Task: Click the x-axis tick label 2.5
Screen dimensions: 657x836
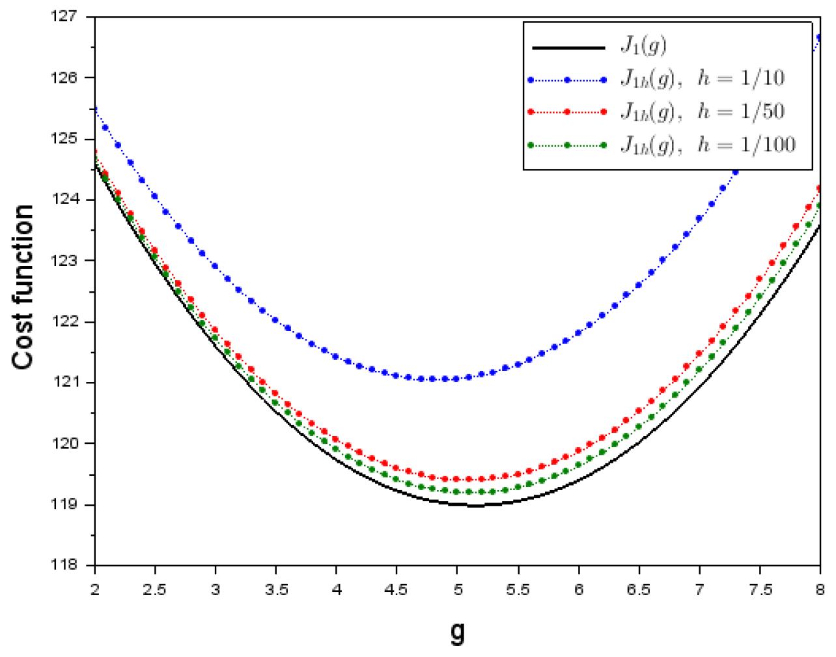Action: pos(155,590)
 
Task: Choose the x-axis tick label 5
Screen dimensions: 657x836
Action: pos(458,590)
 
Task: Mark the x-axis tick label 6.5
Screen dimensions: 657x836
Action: pos(639,590)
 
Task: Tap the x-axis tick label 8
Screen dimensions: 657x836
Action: pos(820,590)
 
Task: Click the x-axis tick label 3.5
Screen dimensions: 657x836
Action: pos(276,590)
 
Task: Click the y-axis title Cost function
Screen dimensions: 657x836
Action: pos(23,287)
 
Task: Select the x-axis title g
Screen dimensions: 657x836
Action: pos(458,631)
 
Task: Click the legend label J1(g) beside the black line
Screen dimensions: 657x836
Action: pos(643,46)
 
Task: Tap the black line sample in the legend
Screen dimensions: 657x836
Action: pos(568,48)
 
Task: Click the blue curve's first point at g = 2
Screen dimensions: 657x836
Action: pos(96,108)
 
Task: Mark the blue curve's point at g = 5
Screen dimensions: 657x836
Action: pos(456,379)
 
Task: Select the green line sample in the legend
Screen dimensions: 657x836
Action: pos(568,145)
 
